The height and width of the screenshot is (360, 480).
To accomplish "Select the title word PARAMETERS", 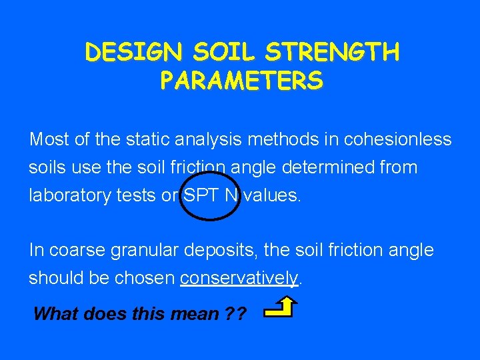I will pyautogui.click(x=241, y=81).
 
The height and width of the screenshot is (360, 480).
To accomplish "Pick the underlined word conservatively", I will pyautogui.click(x=239, y=278).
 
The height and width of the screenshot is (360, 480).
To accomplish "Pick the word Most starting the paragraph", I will pyautogui.click(x=50, y=140).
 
